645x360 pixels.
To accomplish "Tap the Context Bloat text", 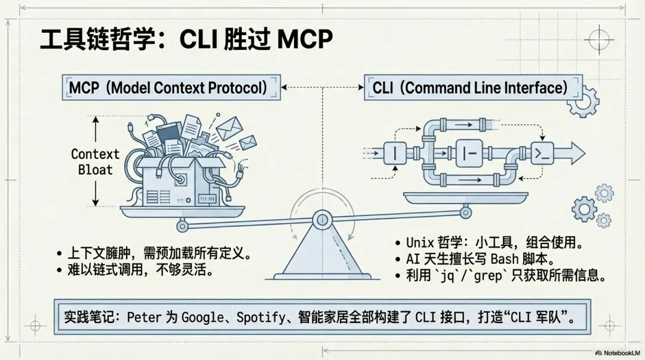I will (x=95, y=162).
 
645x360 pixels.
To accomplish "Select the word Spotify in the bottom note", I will (x=260, y=316).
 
